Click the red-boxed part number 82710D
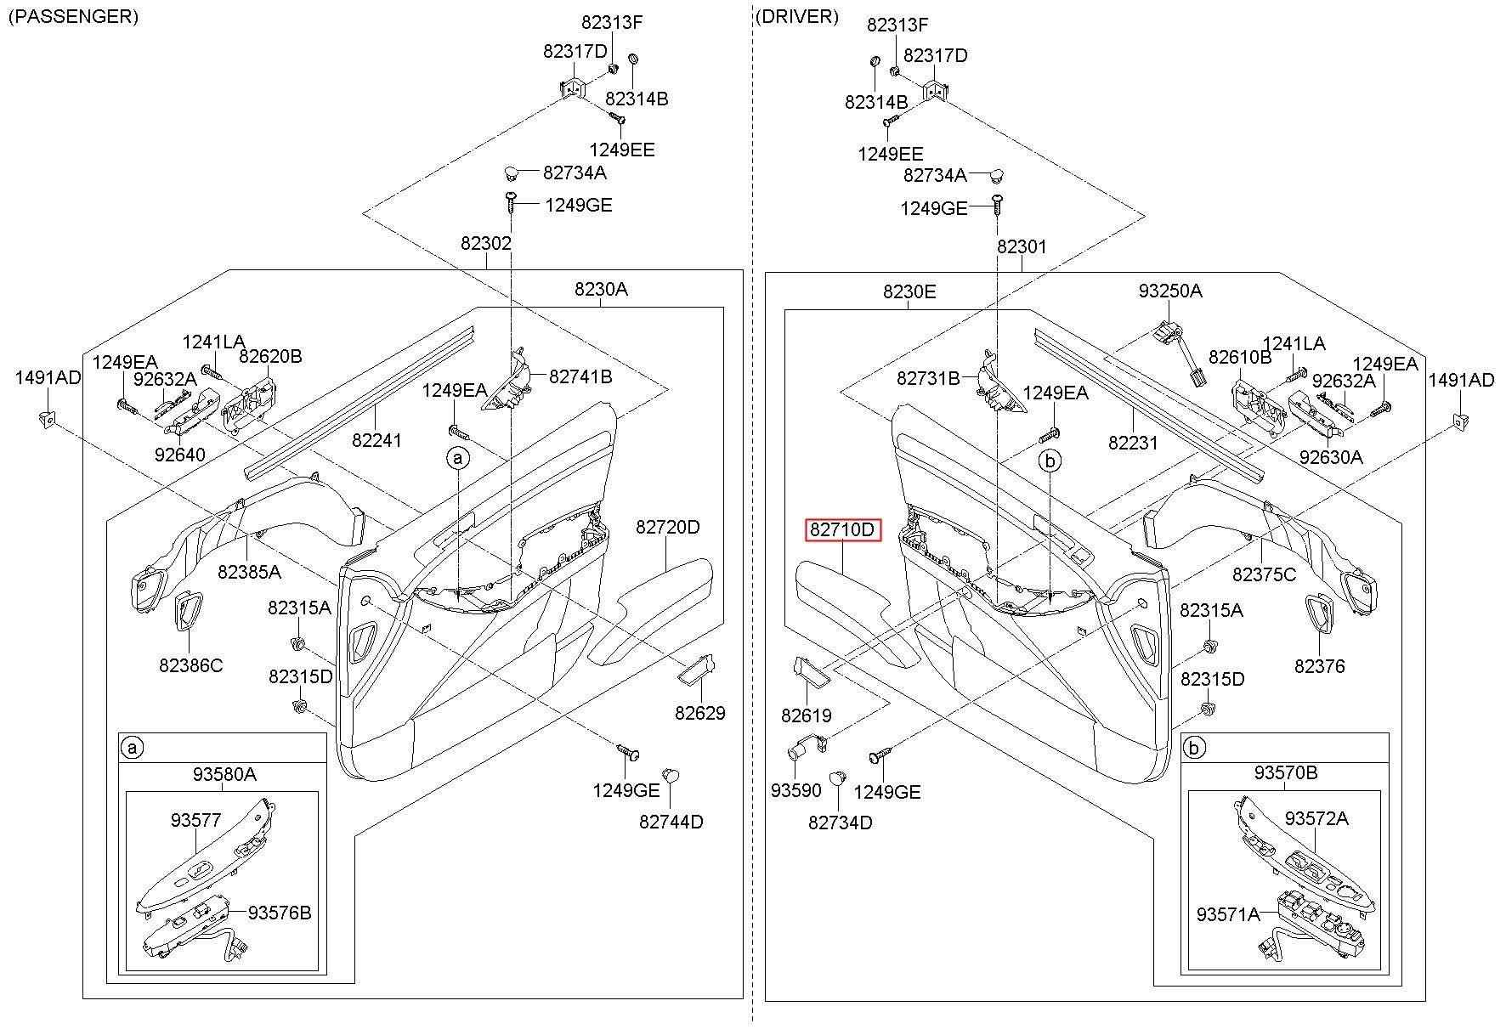pyautogui.click(x=842, y=530)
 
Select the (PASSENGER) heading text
pyautogui.click(x=73, y=17)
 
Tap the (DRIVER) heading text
pyautogui.click(x=796, y=17)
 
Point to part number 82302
pyautogui.click(x=486, y=244)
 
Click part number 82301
pyautogui.click(x=1022, y=247)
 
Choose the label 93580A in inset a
pyautogui.click(x=224, y=774)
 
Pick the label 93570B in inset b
pyautogui.click(x=1286, y=773)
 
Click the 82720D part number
pyautogui.click(x=667, y=528)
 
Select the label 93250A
pyautogui.click(x=1170, y=291)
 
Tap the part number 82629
pyautogui.click(x=700, y=714)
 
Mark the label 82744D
pyautogui.click(x=671, y=823)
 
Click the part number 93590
pyautogui.click(x=796, y=791)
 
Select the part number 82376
pyautogui.click(x=1320, y=667)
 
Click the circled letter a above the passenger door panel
pyautogui.click(x=458, y=459)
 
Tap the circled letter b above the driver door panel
pyautogui.click(x=1050, y=461)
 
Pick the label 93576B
pyautogui.click(x=280, y=913)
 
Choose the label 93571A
pyautogui.click(x=1228, y=914)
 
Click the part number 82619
pyautogui.click(x=807, y=716)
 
